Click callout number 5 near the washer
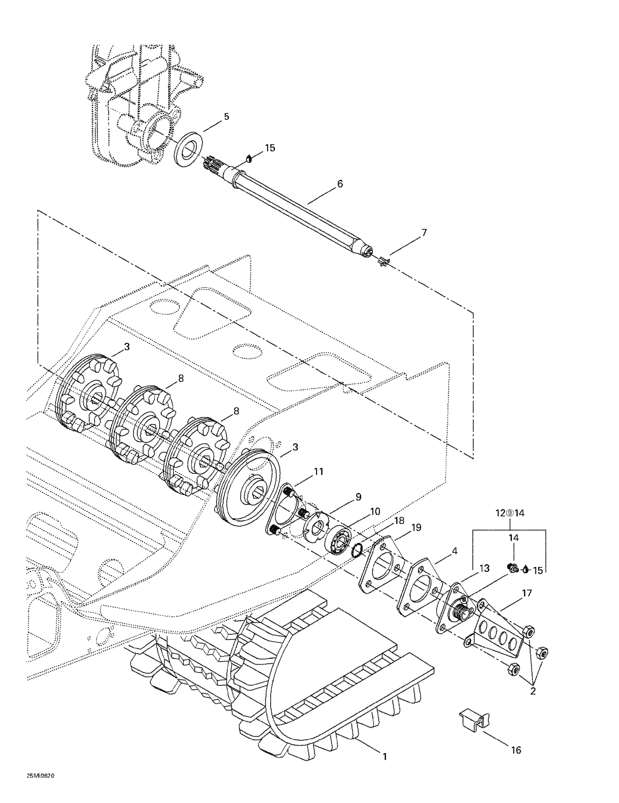pyautogui.click(x=226, y=116)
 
